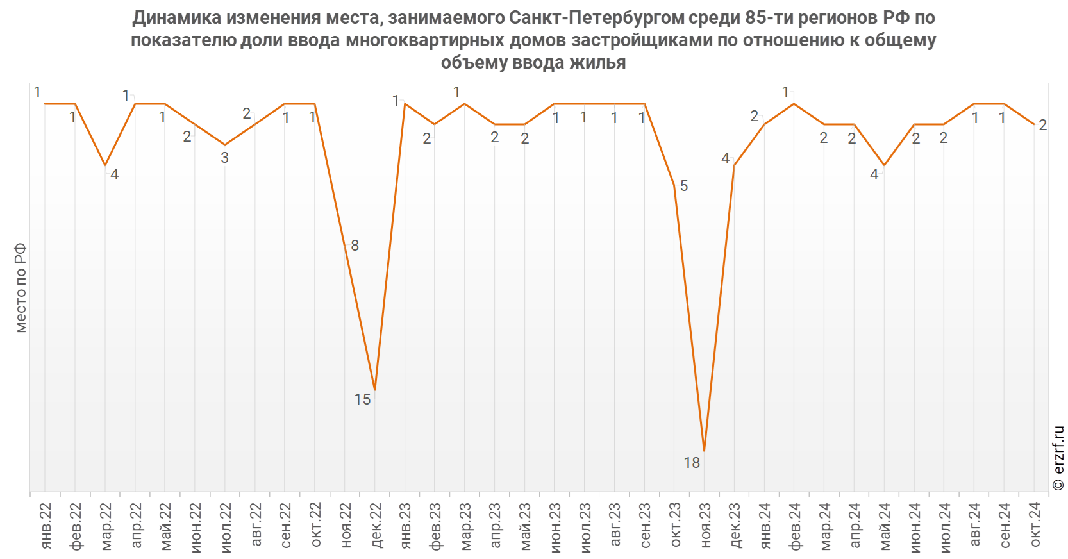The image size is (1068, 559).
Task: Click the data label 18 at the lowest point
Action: pyautogui.click(x=692, y=463)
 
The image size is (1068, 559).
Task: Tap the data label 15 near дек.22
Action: pyautogui.click(x=362, y=399)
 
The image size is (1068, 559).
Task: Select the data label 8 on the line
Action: pyautogui.click(x=355, y=246)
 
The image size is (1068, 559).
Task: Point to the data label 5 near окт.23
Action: pyautogui.click(x=684, y=186)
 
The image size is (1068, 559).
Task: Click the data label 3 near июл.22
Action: pyautogui.click(x=224, y=158)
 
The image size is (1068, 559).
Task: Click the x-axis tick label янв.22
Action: pyautogui.click(x=46, y=525)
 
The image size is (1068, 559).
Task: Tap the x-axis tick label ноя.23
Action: pyautogui.click(x=705, y=525)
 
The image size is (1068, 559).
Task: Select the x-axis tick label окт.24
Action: pyautogui.click(x=1035, y=524)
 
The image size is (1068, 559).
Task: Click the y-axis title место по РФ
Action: pyautogui.click(x=21, y=288)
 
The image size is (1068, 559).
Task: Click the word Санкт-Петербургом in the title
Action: pyautogui.click(x=597, y=18)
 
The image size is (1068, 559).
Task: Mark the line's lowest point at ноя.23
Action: pyautogui.click(x=705, y=451)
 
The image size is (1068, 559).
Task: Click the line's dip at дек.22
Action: pyautogui.click(x=375, y=390)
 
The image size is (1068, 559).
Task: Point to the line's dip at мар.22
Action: pyautogui.click(x=105, y=165)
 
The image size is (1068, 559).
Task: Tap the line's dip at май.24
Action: pyautogui.click(x=884, y=165)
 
